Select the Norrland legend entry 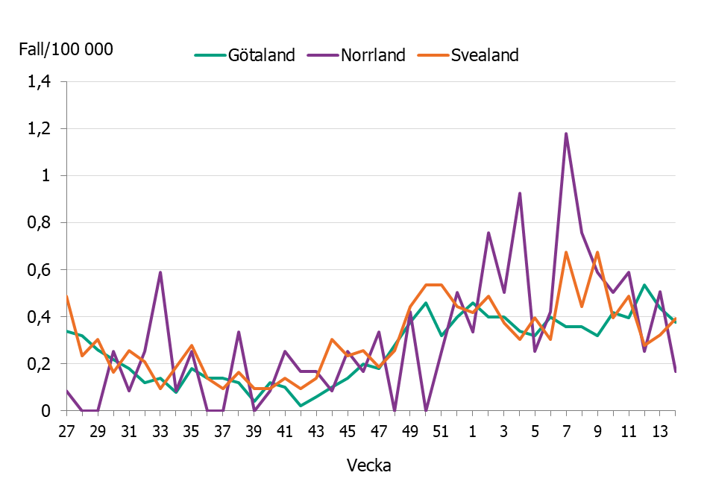[373, 55]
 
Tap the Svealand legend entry [485, 55]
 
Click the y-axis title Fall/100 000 [66, 50]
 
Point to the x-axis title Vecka [369, 465]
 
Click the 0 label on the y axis [46, 411]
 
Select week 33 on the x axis [160, 433]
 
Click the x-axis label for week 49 [409, 433]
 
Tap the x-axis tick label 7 [566, 433]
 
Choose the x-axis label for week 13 [660, 433]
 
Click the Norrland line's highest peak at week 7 [566, 134]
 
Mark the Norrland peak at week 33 [160, 273]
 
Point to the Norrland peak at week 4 [519, 193]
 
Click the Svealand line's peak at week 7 [566, 253]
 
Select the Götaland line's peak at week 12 [644, 285]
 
